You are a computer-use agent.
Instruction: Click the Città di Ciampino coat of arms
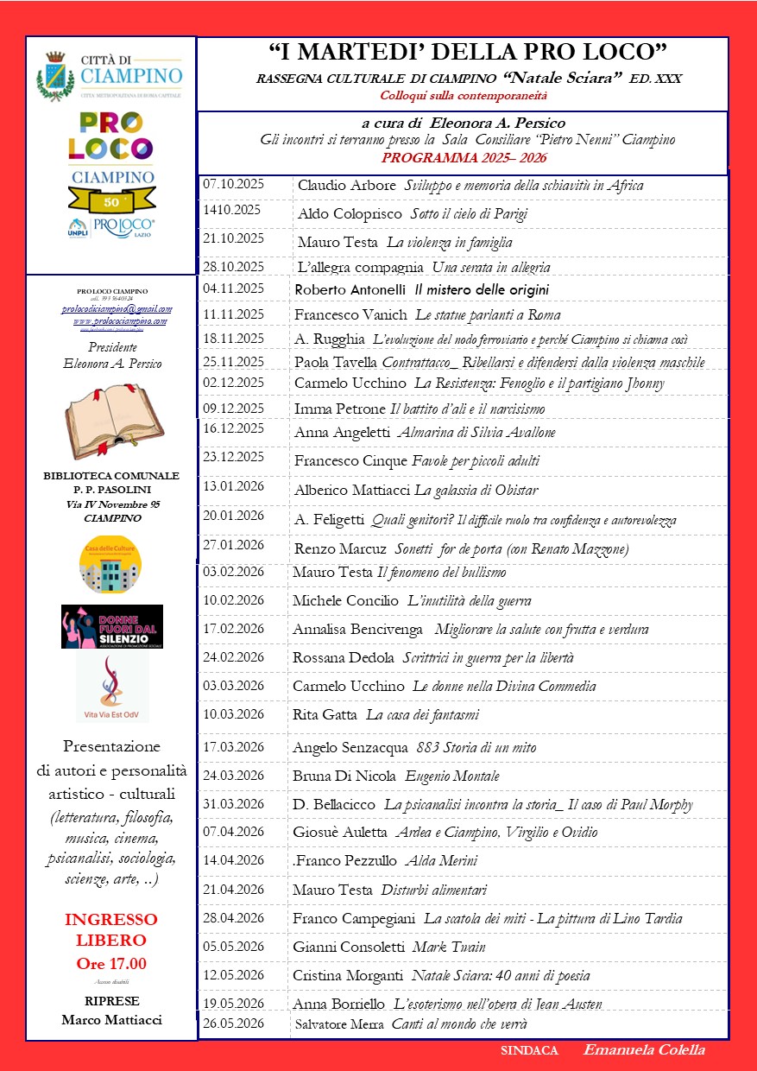pyautogui.click(x=55, y=76)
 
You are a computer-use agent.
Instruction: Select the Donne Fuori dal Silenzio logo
pyautogui.click(x=112, y=626)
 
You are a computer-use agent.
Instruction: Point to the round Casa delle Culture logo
pyautogui.click(x=110, y=564)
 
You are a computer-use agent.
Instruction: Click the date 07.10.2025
pyautogui.click(x=234, y=185)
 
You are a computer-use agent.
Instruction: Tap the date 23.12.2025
pyautogui.click(x=234, y=457)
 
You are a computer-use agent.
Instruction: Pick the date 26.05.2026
pyautogui.click(x=234, y=1023)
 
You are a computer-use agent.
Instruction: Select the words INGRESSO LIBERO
pyautogui.click(x=111, y=929)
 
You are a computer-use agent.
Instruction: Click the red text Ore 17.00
pyautogui.click(x=111, y=964)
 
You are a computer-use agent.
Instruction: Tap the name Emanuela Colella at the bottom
pyautogui.click(x=644, y=1050)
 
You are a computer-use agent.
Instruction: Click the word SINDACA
pyautogui.click(x=529, y=1051)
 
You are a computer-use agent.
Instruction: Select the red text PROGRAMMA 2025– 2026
pyautogui.click(x=464, y=158)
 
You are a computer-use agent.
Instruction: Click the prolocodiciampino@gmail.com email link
pyautogui.click(x=117, y=309)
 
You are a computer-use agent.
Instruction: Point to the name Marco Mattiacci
pyautogui.click(x=111, y=1020)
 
